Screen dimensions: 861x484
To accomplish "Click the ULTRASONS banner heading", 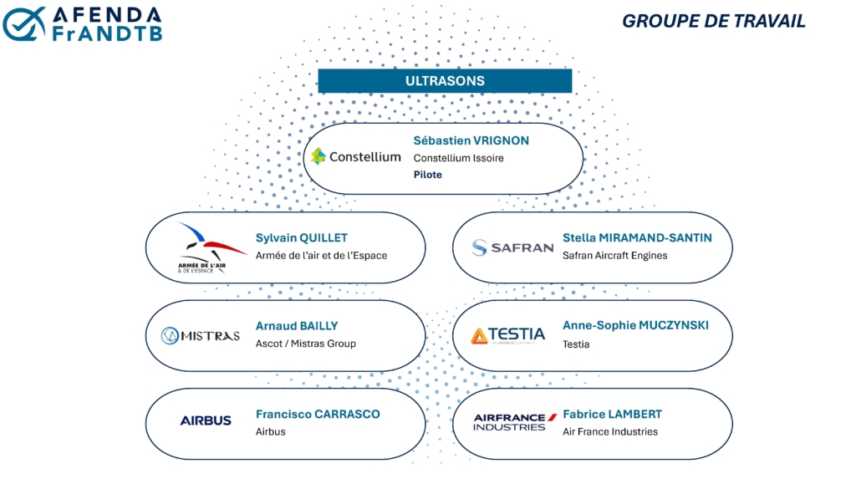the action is pyautogui.click(x=445, y=81).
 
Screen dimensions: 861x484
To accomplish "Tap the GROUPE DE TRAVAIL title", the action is pyautogui.click(x=713, y=21).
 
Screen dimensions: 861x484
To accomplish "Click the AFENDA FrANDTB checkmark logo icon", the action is pyautogui.click(x=24, y=24).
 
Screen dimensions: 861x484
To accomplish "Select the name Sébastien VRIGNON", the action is pyautogui.click(x=471, y=140).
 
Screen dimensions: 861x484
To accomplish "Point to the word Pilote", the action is pyautogui.click(x=428, y=175).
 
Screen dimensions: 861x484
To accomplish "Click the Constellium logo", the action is pyautogui.click(x=356, y=156).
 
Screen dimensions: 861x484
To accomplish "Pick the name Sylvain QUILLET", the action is pyautogui.click(x=302, y=238).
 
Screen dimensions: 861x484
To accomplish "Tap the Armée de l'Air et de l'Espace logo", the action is pyautogui.click(x=209, y=247).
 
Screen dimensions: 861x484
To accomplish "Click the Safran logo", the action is pyautogui.click(x=512, y=247).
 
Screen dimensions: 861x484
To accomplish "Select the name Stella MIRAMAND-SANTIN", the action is pyautogui.click(x=637, y=238).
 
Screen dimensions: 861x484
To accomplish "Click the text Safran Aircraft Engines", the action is pyautogui.click(x=615, y=256).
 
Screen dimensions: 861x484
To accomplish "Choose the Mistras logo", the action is pyautogui.click(x=201, y=335).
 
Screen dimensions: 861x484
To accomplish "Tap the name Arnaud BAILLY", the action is pyautogui.click(x=297, y=326).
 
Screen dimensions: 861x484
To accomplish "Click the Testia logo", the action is pyautogui.click(x=508, y=335).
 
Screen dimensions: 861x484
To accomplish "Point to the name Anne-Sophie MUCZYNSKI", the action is pyautogui.click(x=635, y=325).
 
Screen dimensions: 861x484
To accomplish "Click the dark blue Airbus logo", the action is pyautogui.click(x=206, y=420).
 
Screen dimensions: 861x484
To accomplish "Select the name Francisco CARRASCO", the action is pyautogui.click(x=318, y=415).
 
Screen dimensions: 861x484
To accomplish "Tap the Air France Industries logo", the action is pyautogui.click(x=515, y=422).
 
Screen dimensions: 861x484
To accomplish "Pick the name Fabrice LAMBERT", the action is pyautogui.click(x=612, y=415).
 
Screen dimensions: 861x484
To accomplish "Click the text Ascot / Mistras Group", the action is pyautogui.click(x=306, y=344).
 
